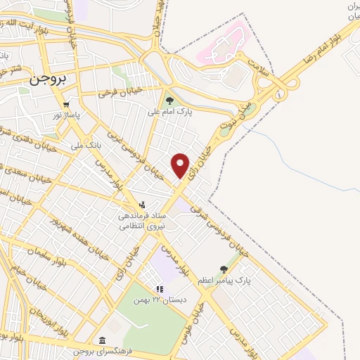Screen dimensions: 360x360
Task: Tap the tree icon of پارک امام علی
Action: point(169,101)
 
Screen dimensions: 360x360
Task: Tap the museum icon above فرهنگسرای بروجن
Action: point(103,340)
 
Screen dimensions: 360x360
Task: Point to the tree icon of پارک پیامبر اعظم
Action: point(224,269)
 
